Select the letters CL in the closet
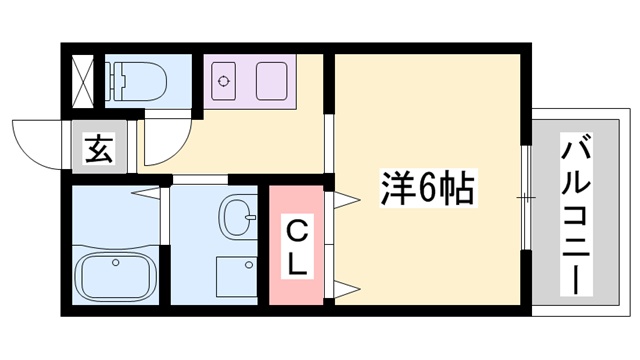(297, 247)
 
